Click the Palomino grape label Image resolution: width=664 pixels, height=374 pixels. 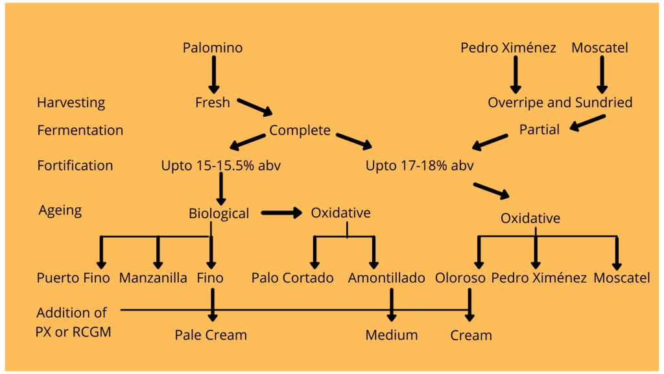click(x=213, y=47)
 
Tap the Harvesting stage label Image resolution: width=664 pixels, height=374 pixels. click(x=71, y=103)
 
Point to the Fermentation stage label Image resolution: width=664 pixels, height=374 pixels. click(x=80, y=130)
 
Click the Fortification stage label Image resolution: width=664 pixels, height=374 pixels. click(x=75, y=165)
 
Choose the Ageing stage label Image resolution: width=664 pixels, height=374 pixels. click(x=60, y=210)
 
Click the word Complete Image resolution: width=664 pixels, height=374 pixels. click(x=300, y=130)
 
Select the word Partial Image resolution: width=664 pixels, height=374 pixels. click(x=539, y=130)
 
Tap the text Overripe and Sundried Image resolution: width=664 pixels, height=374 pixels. click(x=560, y=103)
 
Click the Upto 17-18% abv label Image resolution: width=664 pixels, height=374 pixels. click(x=420, y=165)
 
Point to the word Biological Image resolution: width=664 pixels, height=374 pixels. click(x=219, y=214)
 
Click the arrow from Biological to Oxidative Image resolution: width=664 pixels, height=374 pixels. click(x=281, y=212)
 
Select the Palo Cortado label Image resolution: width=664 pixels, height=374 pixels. click(x=292, y=278)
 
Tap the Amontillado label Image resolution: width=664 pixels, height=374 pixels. click(x=386, y=278)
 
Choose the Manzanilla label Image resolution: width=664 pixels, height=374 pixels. click(x=153, y=278)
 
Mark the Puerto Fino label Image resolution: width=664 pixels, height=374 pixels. click(x=73, y=278)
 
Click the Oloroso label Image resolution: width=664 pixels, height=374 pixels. click(x=460, y=278)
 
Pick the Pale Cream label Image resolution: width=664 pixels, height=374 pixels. click(x=211, y=335)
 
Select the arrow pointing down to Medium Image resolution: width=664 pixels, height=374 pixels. click(x=391, y=305)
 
